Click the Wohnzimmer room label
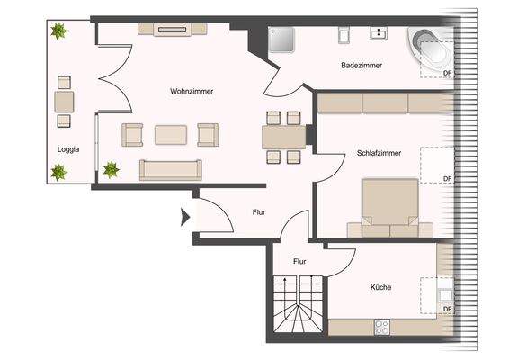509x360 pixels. pos(189,92)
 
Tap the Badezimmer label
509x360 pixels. pos(362,66)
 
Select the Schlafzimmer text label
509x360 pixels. pos(378,153)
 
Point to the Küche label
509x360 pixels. pos(380,288)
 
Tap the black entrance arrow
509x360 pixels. pos(185,216)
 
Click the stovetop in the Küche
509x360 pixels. pos(380,327)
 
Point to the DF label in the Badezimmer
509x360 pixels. pos(447,72)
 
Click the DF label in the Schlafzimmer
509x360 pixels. pos(447,179)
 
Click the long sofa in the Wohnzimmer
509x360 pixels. pos(171,168)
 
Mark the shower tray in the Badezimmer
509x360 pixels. pos(283,40)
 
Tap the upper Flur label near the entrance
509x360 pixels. pos(258,213)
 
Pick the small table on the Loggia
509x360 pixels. pos(64,100)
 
